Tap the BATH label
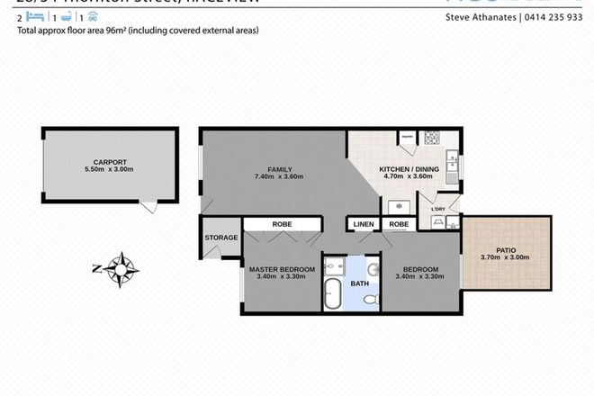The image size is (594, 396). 360,283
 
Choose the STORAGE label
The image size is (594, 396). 221,238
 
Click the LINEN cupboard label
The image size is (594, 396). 364,224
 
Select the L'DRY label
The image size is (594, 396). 439,209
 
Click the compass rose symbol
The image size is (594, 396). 120,267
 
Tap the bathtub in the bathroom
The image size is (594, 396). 332,294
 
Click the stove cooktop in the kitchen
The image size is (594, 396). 431,138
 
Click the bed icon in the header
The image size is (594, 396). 33,17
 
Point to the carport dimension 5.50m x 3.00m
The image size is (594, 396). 95,169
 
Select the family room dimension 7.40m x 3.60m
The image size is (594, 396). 279,177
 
